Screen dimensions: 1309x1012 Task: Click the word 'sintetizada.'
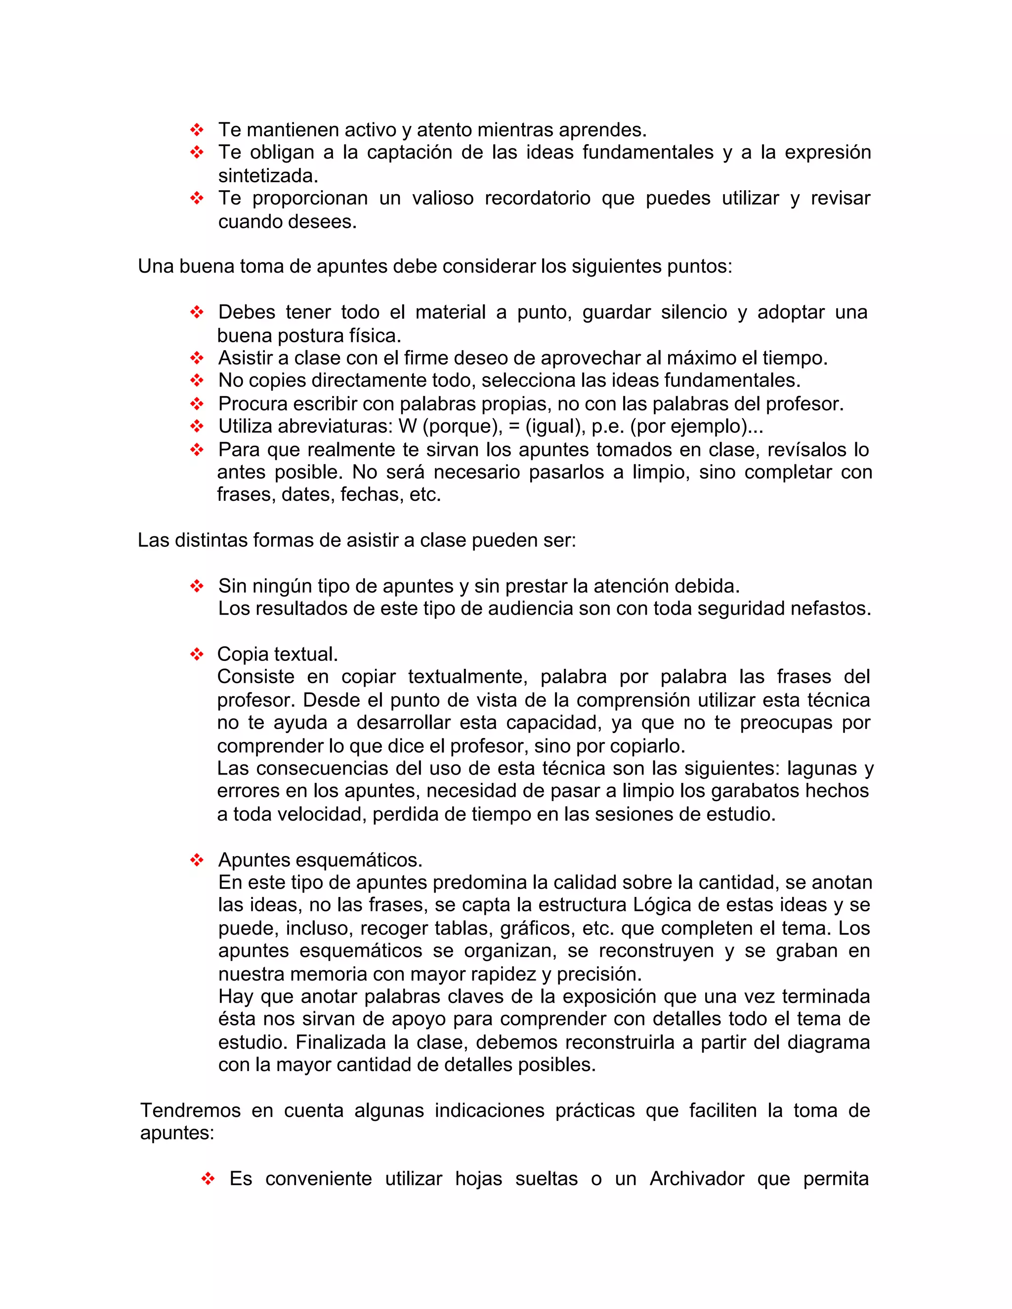tap(268, 176)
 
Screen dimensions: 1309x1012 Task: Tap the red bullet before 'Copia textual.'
tap(197, 654)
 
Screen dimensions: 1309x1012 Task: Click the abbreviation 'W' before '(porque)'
tap(407, 426)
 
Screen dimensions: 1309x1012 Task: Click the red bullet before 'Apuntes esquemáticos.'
tap(197, 860)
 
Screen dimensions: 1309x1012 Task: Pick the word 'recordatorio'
tap(537, 199)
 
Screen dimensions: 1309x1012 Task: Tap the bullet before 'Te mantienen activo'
tap(197, 129)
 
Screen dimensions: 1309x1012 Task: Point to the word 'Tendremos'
tap(190, 1110)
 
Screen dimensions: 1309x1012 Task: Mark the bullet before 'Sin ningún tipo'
tap(197, 585)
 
